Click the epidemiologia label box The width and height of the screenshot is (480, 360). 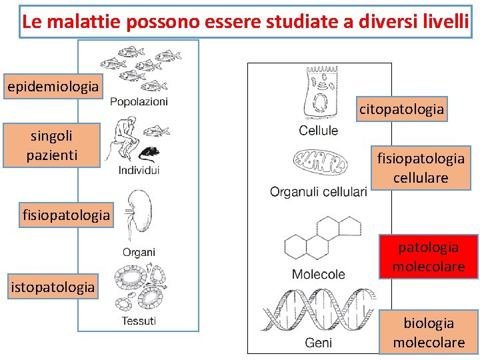tap(53, 87)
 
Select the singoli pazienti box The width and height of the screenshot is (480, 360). tap(52, 145)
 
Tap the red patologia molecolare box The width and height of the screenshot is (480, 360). tap(429, 257)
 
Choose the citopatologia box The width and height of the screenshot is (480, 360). tap(401, 109)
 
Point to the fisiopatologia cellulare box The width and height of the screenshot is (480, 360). tap(421, 168)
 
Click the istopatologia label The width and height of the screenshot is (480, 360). tap(53, 287)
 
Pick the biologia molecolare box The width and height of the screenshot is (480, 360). tap(429, 332)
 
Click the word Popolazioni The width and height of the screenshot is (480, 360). tap(139, 101)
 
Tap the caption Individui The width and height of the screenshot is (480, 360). tap(139, 171)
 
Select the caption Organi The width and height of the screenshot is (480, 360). tap(139, 252)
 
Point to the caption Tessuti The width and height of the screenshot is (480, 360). tap(139, 321)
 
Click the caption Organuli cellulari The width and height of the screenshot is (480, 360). tap(318, 192)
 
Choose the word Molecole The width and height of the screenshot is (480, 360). tap(319, 274)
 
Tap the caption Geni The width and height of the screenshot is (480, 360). tap(319, 343)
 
